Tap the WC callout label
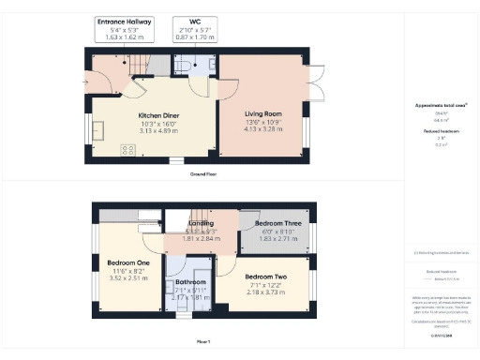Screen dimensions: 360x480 tap(193, 20)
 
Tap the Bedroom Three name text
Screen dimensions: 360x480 tap(277, 225)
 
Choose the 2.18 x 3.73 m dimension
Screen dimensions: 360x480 tap(264, 292)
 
